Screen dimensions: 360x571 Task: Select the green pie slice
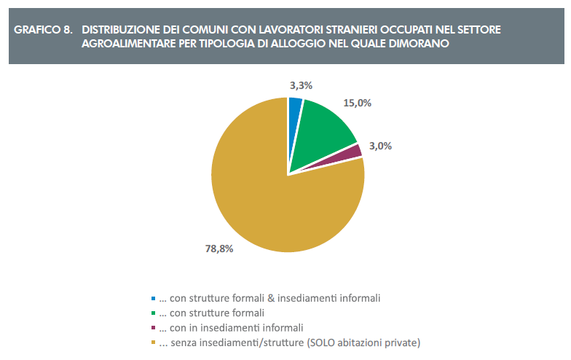[x=324, y=131]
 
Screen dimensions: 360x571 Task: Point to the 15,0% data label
[x=358, y=103]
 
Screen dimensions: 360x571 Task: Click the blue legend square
[x=153, y=299]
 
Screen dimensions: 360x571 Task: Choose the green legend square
[x=153, y=313]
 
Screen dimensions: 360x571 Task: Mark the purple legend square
[x=153, y=328]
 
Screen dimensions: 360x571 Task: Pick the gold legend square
[x=153, y=343]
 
